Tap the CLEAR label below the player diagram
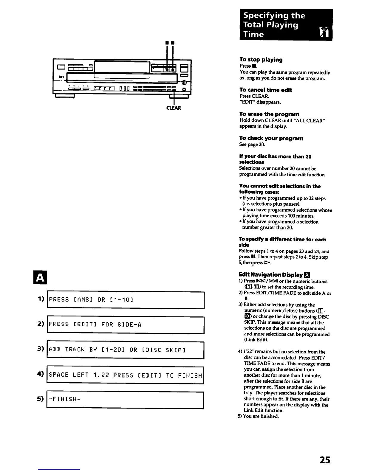pyautogui.click(x=173, y=108)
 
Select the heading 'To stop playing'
pyautogui.click(x=261, y=60)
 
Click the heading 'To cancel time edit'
pyautogui.click(x=266, y=90)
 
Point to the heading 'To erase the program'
pyautogui.click(x=269, y=114)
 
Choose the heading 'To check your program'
pyautogui.click(x=271, y=138)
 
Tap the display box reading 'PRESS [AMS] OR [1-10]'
pyautogui.click(x=125, y=299)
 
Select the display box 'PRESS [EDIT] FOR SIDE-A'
pyautogui.click(x=125, y=324)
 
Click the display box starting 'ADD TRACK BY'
pyautogui.click(x=125, y=350)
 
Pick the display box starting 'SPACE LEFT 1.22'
pyautogui.click(x=125, y=375)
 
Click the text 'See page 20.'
pyautogui.click(x=252, y=145)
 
